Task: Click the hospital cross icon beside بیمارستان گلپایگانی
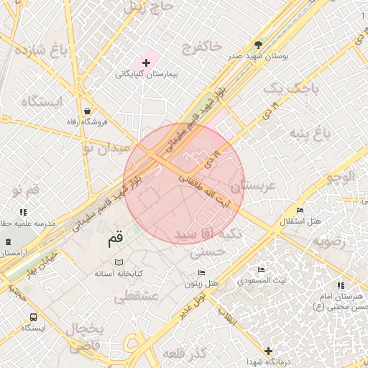(146, 63)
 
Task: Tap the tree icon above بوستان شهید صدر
(259, 45)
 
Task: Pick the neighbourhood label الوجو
(341, 176)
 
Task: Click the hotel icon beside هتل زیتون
(201, 273)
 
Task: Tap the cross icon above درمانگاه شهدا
(269, 351)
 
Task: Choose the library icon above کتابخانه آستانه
(119, 262)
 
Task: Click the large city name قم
(115, 236)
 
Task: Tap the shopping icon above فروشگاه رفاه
(87, 111)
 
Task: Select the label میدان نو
(106, 148)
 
